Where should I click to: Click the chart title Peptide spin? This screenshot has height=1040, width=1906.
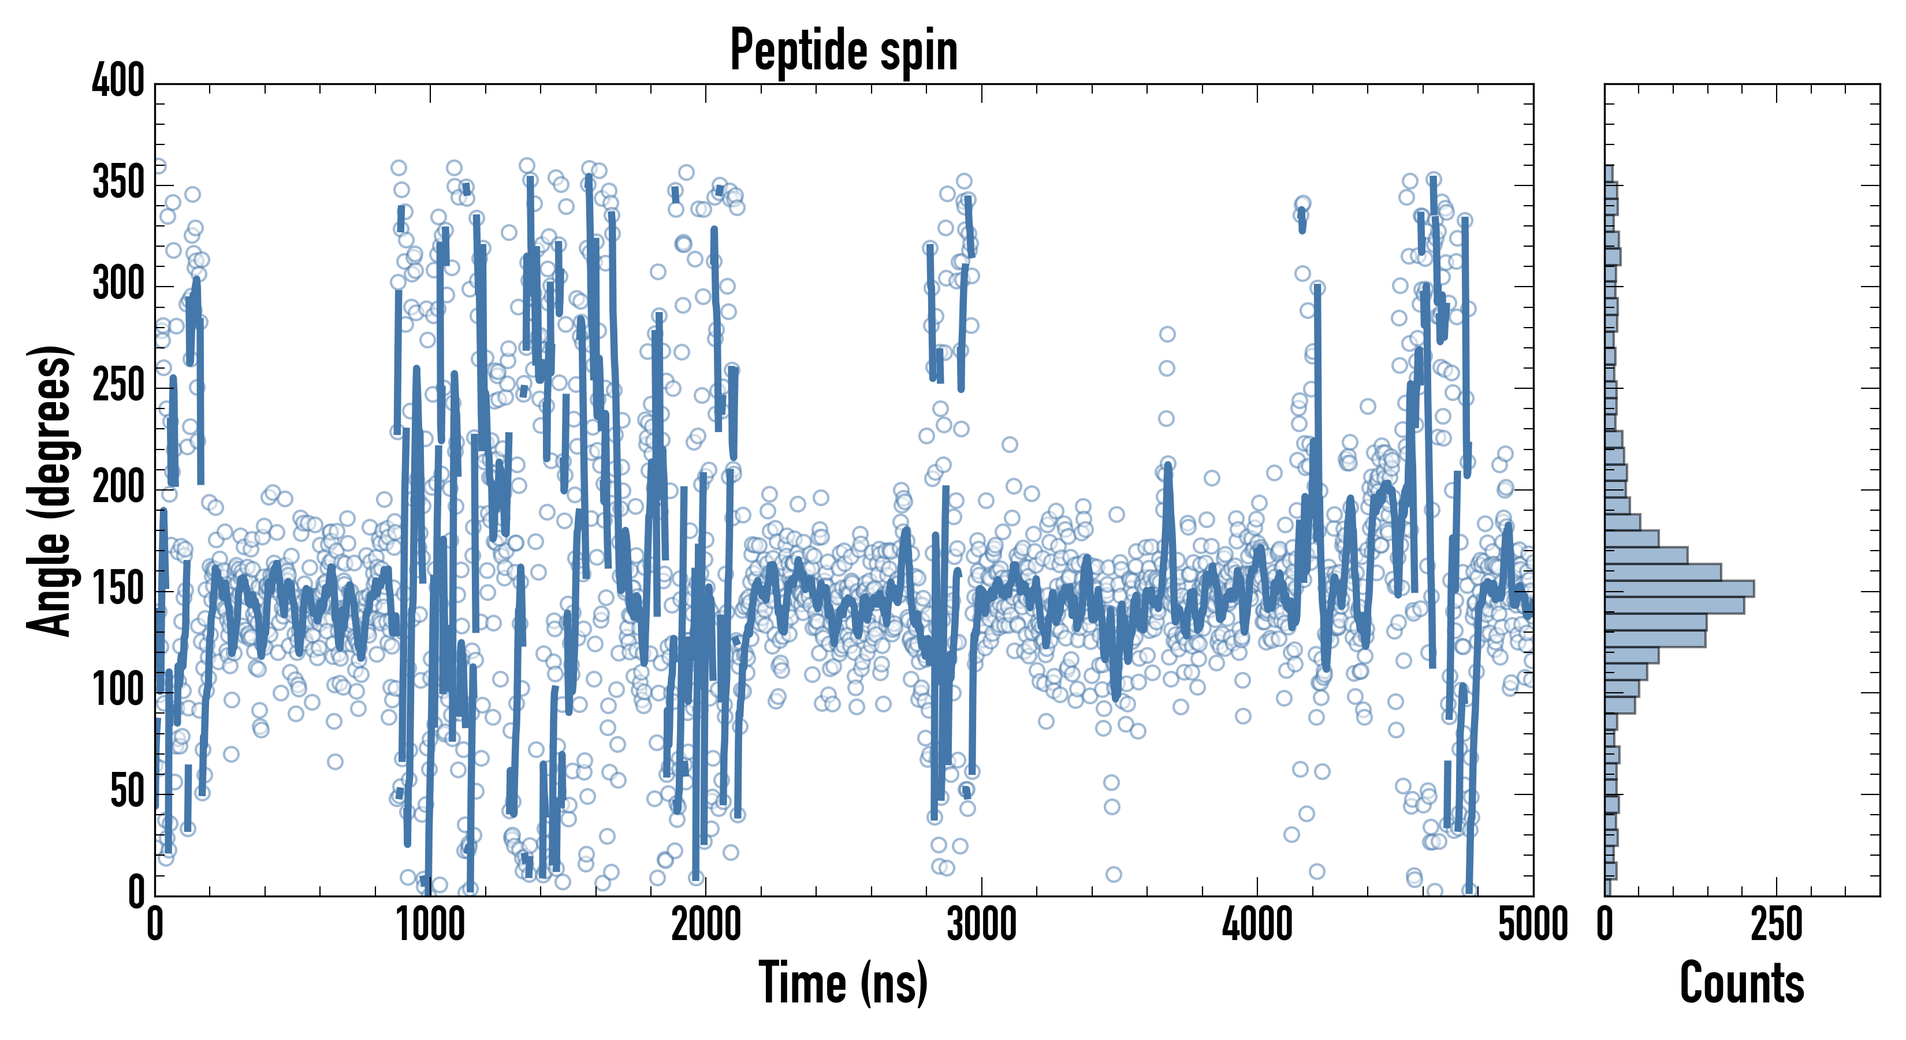coord(843,50)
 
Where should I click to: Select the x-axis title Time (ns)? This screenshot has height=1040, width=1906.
coord(843,983)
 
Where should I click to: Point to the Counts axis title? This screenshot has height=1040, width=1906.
coord(1742,983)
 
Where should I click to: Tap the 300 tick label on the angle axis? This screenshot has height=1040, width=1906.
coord(118,285)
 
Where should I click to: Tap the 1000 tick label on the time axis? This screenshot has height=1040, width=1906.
coord(431,925)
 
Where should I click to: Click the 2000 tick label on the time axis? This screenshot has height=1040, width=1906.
coord(706,925)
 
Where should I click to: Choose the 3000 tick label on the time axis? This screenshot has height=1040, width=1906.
coord(982,925)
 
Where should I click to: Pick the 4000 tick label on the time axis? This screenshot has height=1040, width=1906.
coord(1257,925)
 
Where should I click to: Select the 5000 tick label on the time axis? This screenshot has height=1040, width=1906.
coord(1533,925)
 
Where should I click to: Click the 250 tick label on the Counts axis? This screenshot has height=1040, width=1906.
coord(1777,925)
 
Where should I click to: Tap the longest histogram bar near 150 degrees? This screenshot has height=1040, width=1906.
coord(1679,589)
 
